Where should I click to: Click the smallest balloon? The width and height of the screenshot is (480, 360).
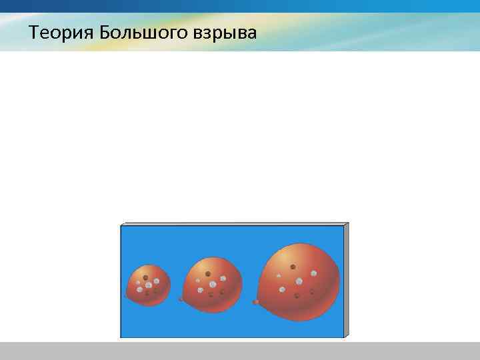tap(148, 285)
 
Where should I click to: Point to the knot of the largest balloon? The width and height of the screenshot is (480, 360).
tap(256, 302)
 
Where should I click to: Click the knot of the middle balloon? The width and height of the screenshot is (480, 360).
tap(181, 299)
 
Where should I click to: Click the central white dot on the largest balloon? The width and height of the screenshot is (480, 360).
tap(299, 281)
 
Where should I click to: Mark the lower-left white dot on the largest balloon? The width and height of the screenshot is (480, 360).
tap(283, 289)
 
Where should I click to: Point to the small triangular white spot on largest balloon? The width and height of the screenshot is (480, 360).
tap(279, 275)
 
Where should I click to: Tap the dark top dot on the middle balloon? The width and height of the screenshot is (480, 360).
tap(208, 273)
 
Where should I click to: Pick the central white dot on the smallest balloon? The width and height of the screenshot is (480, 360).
tap(148, 285)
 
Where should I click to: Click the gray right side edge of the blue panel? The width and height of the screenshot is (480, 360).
tap(346, 280)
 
